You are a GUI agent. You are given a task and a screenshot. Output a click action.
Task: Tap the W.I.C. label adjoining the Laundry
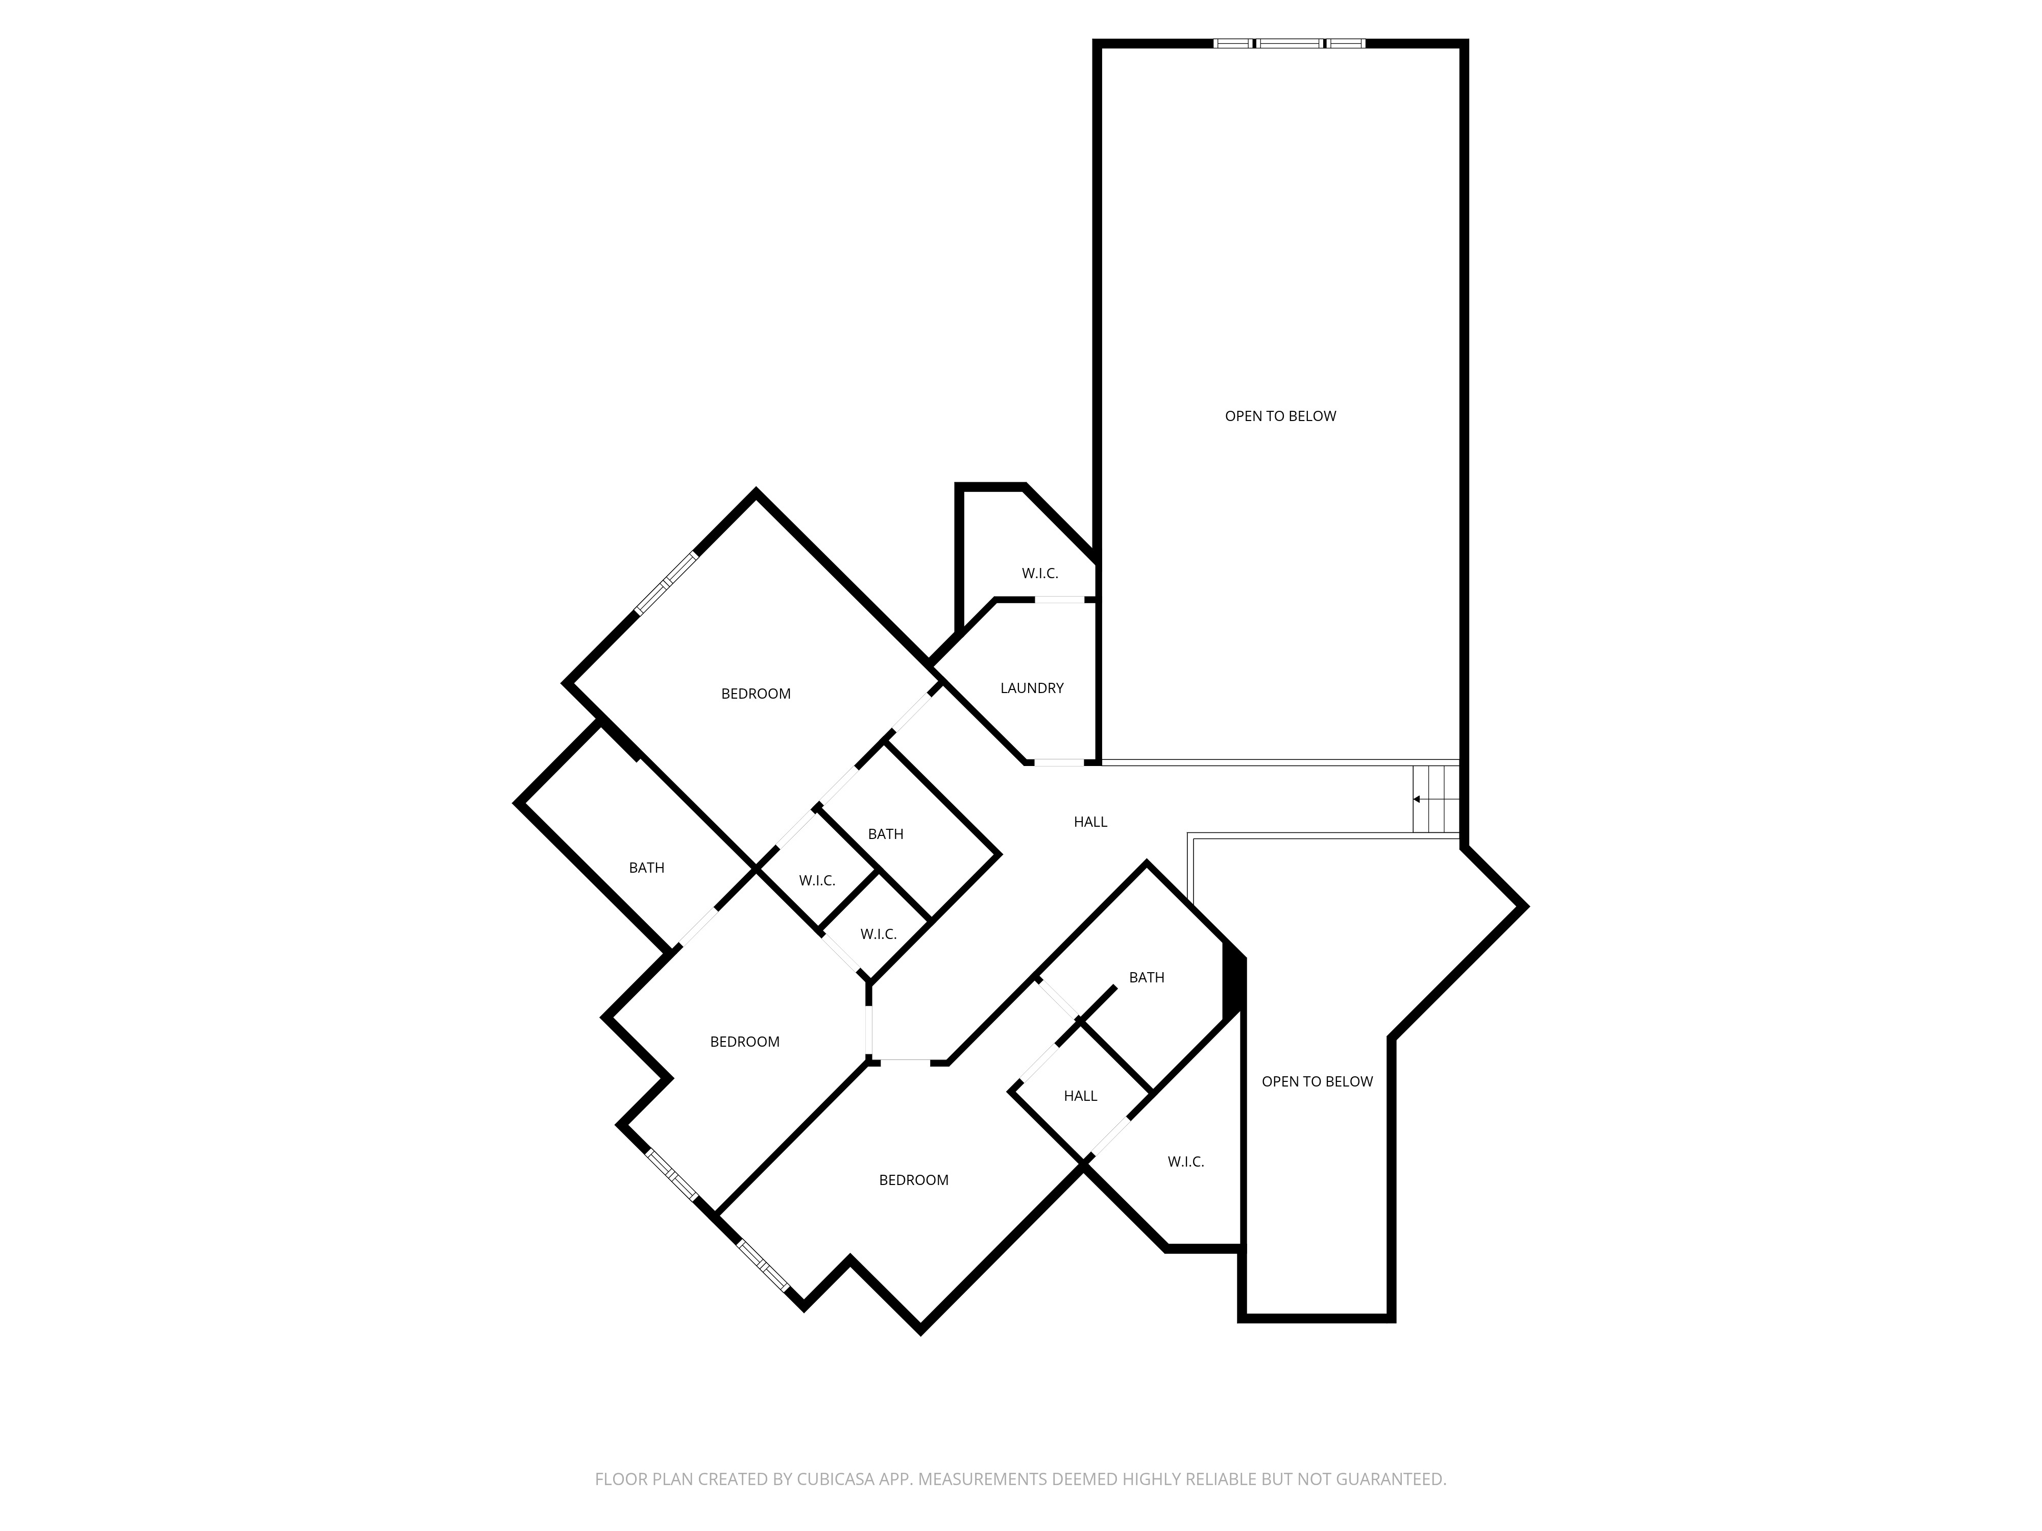coord(1039,573)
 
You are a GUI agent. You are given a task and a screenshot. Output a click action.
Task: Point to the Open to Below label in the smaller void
coord(1317,1081)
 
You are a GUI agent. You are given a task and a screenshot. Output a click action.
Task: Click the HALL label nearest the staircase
coord(1090,821)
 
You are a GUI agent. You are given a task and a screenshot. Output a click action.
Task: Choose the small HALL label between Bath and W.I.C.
coord(1080,1095)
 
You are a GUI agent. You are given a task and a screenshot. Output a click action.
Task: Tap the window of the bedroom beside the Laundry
coord(667,584)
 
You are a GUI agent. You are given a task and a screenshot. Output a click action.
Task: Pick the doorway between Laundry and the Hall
coord(1058,762)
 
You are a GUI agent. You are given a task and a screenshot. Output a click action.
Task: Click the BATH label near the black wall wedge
coord(1147,977)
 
